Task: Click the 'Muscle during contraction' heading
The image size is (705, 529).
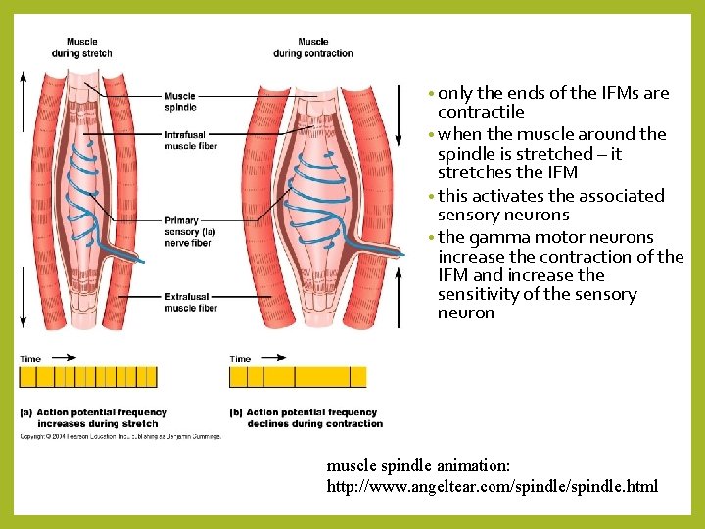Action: click(313, 47)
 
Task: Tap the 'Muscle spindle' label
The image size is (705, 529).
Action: click(181, 101)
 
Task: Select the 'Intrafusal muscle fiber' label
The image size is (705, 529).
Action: click(191, 140)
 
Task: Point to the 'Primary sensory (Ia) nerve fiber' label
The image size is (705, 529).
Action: click(190, 231)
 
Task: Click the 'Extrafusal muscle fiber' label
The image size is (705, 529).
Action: click(192, 301)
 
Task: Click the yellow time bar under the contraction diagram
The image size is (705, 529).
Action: click(298, 377)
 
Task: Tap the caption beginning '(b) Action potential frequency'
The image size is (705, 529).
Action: click(305, 418)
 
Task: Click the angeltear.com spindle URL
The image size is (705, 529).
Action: click(492, 486)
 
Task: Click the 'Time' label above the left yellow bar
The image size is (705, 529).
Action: click(30, 359)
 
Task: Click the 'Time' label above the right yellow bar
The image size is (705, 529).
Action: click(240, 359)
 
